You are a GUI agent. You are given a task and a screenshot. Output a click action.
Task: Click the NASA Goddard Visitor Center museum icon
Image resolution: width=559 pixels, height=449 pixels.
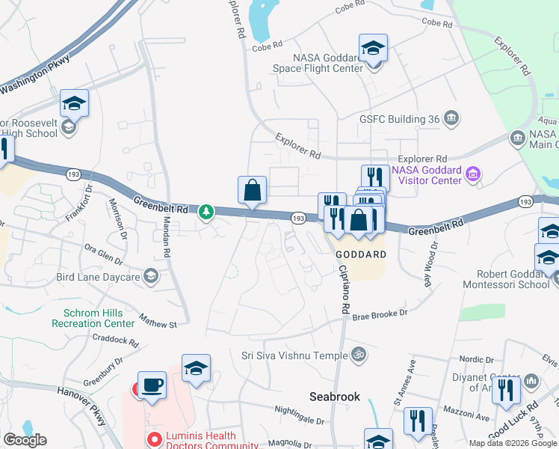click(472, 175)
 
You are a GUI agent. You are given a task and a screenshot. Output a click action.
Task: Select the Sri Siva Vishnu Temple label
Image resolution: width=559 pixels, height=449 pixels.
click(296, 355)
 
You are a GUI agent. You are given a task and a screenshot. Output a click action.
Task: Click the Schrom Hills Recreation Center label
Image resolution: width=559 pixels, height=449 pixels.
click(93, 318)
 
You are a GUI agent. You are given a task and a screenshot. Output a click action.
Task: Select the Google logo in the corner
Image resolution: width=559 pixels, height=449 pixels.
click(25, 440)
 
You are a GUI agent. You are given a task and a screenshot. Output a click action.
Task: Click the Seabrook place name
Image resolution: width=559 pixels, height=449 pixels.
click(336, 397)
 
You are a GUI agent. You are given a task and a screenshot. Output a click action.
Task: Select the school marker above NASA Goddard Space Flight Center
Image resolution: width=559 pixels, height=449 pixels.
click(373, 49)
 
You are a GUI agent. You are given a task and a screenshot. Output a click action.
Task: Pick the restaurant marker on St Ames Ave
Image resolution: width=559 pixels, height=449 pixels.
click(417, 421)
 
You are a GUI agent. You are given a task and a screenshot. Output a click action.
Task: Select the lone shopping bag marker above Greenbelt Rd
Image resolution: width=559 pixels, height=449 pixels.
click(253, 191)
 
